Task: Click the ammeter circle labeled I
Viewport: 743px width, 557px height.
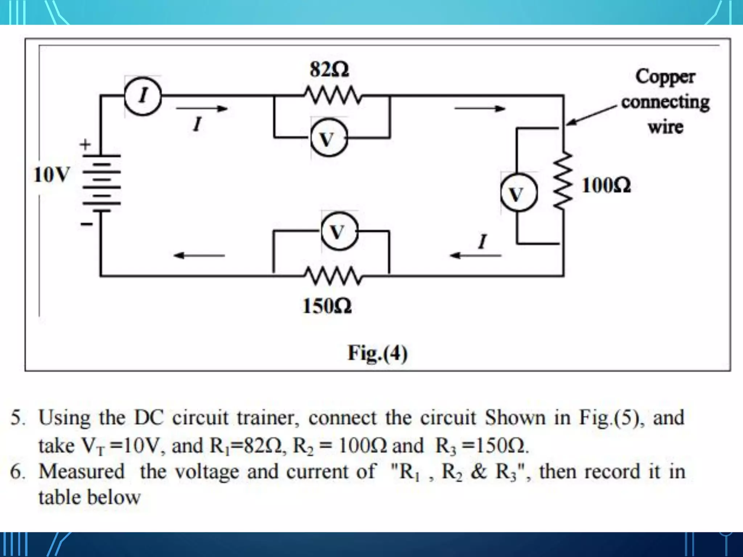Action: coord(143,96)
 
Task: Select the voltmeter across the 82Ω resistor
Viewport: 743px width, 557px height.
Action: coord(328,139)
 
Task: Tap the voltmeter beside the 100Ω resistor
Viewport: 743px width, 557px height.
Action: coord(517,193)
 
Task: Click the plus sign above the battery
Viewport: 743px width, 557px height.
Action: coord(85,145)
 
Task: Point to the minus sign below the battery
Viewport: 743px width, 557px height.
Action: coord(86,224)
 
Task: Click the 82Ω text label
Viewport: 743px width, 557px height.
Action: coord(329,69)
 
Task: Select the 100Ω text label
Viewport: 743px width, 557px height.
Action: coord(606,185)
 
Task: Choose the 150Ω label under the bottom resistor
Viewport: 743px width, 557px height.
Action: coord(327,306)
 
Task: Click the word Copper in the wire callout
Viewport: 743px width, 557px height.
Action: coord(665,77)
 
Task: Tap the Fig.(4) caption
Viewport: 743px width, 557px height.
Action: coord(377,352)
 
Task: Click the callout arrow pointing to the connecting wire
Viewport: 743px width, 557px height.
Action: coord(591,115)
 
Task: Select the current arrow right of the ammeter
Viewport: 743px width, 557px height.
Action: coord(202,108)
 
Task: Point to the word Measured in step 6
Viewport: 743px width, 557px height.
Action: coord(82,471)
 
